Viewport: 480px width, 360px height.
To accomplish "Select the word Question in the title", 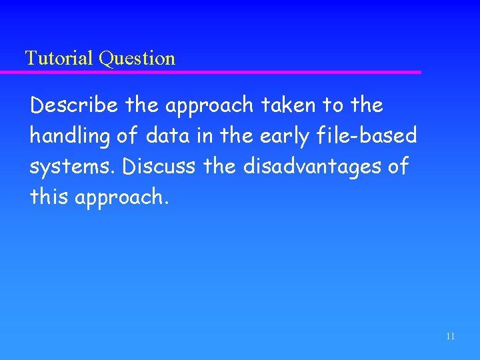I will (x=137, y=59).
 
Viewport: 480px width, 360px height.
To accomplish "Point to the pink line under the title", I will (x=220, y=72).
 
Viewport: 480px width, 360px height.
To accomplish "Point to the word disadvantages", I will (x=313, y=167).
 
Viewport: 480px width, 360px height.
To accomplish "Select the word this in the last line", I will (x=49, y=197).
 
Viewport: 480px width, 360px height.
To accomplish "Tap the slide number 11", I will (x=450, y=337).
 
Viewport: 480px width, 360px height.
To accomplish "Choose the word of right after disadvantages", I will (x=398, y=167).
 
